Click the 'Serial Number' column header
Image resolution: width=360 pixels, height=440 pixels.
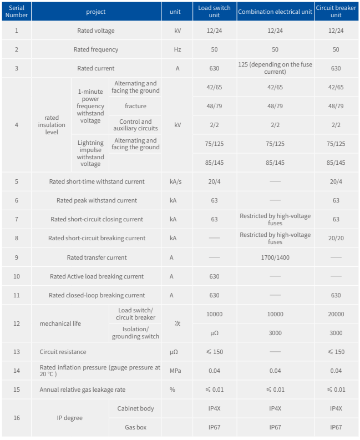pos(16,12)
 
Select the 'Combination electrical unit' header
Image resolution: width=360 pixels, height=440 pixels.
pos(275,12)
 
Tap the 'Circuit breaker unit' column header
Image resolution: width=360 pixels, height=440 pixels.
pos(336,12)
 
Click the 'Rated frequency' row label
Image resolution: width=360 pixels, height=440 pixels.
pos(96,49)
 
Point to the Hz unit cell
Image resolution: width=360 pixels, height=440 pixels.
pos(178,49)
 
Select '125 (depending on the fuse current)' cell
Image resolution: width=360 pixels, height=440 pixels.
pos(275,68)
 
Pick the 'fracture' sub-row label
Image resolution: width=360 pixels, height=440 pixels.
pos(135,106)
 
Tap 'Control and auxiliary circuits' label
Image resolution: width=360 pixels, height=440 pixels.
pos(135,125)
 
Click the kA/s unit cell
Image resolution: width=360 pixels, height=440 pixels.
pos(178,181)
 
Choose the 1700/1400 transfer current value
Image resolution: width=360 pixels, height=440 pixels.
pos(275,257)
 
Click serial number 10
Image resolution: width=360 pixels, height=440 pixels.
pos(16,276)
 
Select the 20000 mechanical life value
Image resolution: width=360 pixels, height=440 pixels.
pos(336,314)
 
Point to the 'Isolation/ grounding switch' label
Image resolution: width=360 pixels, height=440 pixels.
pos(135,332)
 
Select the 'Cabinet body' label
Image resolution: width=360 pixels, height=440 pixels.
pos(135,408)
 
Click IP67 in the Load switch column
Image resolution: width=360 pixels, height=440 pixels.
pos(214,427)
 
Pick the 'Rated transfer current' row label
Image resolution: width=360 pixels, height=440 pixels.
pos(97,257)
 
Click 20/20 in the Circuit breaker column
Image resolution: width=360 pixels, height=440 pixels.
pos(336,238)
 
